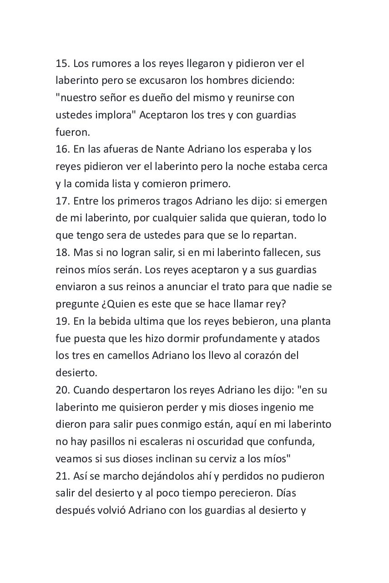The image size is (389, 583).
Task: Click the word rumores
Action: point(111,63)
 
